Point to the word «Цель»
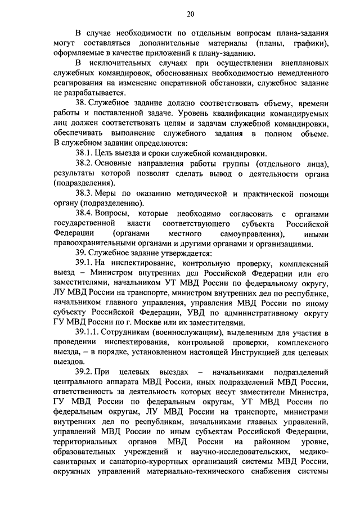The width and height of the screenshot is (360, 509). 105,153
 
